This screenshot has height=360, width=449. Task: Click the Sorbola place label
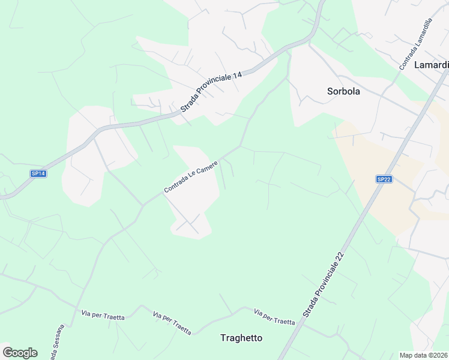click(x=343, y=92)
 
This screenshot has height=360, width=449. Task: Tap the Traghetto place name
click(x=241, y=338)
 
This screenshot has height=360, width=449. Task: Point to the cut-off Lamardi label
click(x=431, y=65)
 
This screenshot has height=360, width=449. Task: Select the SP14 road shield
click(x=38, y=173)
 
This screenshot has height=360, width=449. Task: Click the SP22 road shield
click(x=384, y=179)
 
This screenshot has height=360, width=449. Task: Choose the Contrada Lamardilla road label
click(x=416, y=44)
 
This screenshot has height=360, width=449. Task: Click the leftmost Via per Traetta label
click(x=103, y=315)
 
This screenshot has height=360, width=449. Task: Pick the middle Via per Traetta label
click(x=172, y=323)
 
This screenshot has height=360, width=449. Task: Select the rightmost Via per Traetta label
click(x=274, y=317)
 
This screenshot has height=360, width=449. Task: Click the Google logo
click(x=20, y=352)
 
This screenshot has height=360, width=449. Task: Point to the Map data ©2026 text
click(x=423, y=355)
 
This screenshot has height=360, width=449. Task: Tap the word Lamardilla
click(x=421, y=37)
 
